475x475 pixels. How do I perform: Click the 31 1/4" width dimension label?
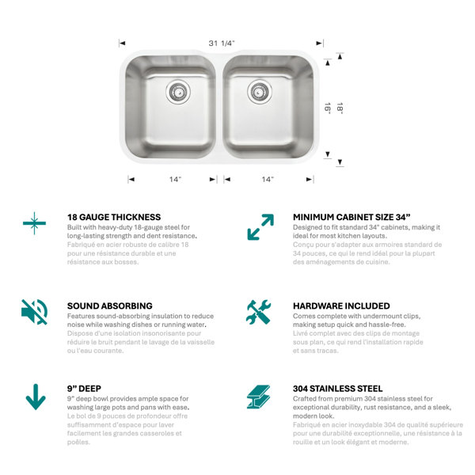(x=222, y=44)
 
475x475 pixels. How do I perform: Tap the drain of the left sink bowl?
(x=178, y=92)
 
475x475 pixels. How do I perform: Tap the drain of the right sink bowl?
(x=260, y=92)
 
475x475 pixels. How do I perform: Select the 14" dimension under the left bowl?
(x=175, y=180)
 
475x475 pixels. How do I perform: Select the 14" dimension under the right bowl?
(x=268, y=180)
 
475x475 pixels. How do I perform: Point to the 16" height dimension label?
(x=328, y=108)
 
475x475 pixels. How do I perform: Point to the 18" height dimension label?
(x=340, y=108)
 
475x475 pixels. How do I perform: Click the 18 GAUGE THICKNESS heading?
(x=114, y=217)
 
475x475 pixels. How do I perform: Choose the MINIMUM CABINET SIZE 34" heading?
(x=351, y=217)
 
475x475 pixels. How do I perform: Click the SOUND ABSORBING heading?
(x=110, y=306)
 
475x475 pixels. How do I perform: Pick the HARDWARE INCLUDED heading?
(x=341, y=306)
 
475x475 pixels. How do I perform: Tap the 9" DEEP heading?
(x=84, y=389)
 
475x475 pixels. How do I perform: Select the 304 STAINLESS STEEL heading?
(x=338, y=389)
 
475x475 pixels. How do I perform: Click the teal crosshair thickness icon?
(x=34, y=223)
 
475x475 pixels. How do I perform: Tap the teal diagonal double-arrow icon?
(x=260, y=227)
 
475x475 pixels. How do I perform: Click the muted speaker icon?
(x=34, y=312)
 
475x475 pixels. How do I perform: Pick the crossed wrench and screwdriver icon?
(x=258, y=312)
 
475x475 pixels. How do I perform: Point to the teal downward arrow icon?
(x=36, y=397)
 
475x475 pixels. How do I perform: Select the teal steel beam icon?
(x=258, y=397)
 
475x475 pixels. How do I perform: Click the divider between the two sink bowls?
(x=219, y=107)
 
